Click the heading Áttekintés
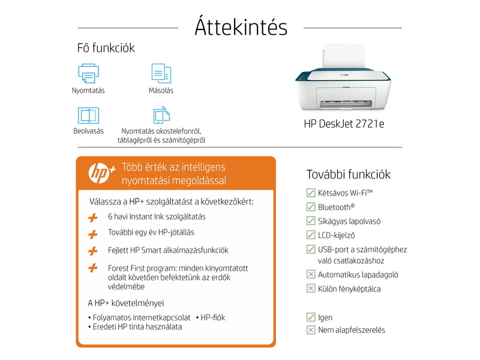(x=241, y=27)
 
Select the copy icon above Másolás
(x=161, y=73)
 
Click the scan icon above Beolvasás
(x=88, y=115)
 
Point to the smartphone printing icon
(x=161, y=115)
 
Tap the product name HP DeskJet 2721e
(x=344, y=125)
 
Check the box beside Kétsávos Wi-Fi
(x=311, y=193)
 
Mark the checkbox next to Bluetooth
(x=311, y=206)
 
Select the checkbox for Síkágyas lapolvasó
(x=311, y=221)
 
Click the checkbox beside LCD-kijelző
(x=311, y=235)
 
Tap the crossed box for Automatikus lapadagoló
(x=311, y=275)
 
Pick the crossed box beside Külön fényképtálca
(x=311, y=289)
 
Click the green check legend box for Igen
(x=311, y=317)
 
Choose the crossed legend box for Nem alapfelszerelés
(x=311, y=330)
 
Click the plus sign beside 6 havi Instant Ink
(x=92, y=217)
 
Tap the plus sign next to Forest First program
(x=92, y=268)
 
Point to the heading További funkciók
(x=349, y=175)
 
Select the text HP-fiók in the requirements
(x=213, y=317)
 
